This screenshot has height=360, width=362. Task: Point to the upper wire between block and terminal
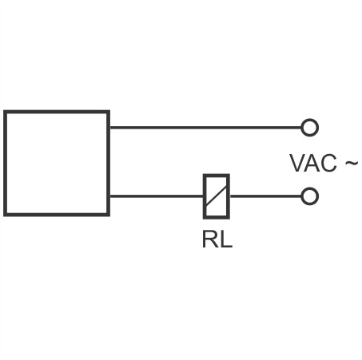[x=205, y=128]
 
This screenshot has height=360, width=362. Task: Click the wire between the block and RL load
[x=157, y=196]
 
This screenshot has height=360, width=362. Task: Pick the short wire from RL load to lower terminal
[x=265, y=196]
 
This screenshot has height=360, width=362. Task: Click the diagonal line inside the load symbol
[x=217, y=197]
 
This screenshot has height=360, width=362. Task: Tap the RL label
[x=217, y=239]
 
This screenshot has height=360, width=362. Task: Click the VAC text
[x=313, y=163]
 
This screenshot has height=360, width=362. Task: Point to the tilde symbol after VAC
[x=352, y=163]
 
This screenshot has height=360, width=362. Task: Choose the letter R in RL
[x=209, y=239]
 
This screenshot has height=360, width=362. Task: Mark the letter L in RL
[x=226, y=239]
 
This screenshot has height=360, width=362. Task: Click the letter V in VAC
[x=297, y=163]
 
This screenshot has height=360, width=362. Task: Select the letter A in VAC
[x=312, y=163]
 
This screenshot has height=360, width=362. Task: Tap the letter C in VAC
[x=328, y=163]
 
